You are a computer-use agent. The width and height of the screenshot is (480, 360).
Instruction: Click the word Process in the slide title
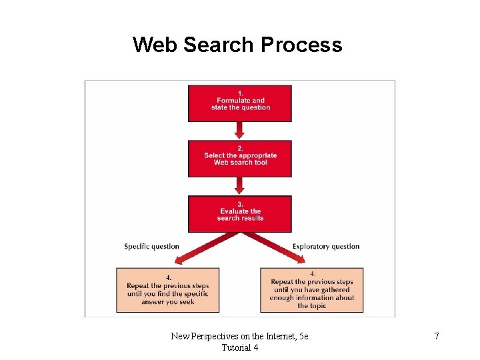tap(301, 45)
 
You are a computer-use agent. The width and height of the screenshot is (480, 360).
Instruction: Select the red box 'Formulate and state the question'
tap(240, 103)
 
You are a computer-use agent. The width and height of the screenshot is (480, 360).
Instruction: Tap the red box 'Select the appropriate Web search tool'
tap(240, 159)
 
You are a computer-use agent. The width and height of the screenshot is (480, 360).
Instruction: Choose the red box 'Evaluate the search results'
tap(240, 214)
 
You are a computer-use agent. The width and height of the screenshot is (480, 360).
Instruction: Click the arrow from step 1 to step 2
tap(240, 131)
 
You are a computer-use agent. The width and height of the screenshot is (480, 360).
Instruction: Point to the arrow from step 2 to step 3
tap(240, 186)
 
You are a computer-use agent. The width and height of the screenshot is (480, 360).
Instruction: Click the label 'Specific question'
tap(151, 247)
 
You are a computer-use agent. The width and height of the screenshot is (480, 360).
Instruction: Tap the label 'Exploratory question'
tap(326, 247)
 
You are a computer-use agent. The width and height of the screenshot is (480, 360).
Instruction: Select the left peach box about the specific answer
tap(167, 290)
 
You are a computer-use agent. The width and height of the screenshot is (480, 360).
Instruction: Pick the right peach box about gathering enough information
tap(312, 290)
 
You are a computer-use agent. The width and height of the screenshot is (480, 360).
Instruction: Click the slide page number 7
tap(437, 336)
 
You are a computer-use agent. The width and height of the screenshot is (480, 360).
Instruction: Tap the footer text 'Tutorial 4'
tap(240, 347)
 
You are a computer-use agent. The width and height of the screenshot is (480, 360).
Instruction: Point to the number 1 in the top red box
tap(240, 93)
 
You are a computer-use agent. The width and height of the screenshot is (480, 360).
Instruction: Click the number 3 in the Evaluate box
tap(240, 204)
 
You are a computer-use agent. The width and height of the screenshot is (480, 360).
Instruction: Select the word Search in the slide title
tap(218, 45)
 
